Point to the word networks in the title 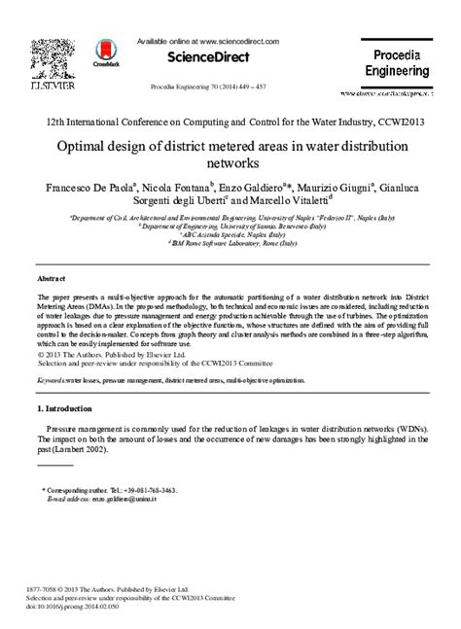tap(230, 165)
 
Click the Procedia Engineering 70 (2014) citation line tap(212, 86)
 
